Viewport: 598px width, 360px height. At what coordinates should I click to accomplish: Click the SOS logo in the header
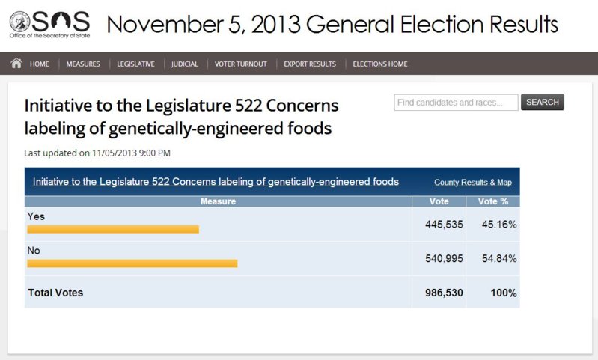(49, 24)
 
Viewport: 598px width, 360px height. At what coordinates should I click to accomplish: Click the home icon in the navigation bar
(16, 64)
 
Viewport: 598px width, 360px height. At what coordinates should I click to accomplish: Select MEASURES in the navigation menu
(83, 64)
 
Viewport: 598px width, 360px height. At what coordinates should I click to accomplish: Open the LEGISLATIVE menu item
(135, 64)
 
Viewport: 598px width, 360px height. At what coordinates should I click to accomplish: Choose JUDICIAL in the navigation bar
(185, 64)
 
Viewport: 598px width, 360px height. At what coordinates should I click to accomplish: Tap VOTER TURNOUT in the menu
(241, 64)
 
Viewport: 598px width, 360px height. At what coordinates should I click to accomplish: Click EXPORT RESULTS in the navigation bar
(310, 64)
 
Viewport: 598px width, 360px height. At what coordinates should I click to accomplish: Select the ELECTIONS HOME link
(380, 64)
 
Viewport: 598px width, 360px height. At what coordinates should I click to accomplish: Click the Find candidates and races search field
(456, 103)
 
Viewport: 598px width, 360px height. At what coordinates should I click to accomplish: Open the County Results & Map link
(473, 183)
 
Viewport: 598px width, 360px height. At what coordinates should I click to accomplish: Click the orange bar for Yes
(113, 229)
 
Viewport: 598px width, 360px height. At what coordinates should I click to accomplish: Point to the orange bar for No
(132, 263)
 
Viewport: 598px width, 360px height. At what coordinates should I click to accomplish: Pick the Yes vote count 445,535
(445, 224)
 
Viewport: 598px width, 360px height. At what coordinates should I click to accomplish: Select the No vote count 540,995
(445, 258)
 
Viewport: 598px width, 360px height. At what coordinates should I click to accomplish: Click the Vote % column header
(493, 201)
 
